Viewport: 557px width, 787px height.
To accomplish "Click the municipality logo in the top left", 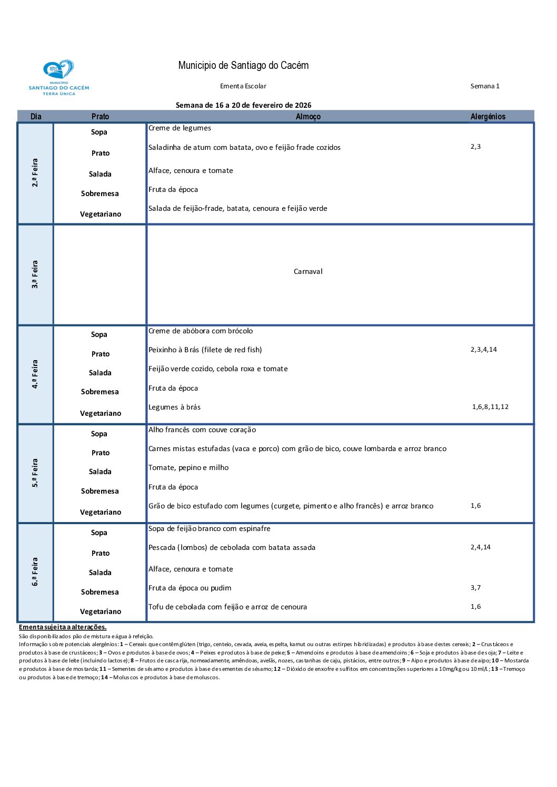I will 58,77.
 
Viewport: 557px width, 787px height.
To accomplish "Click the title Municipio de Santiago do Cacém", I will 243,66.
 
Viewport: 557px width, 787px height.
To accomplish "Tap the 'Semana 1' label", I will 485,86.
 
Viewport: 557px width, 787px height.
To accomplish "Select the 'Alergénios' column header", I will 488,117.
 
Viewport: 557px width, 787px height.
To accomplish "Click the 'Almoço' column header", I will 308,117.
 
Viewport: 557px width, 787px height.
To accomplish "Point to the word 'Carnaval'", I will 308,272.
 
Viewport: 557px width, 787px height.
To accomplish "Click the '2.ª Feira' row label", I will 35,173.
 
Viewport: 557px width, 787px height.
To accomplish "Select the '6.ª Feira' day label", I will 35,572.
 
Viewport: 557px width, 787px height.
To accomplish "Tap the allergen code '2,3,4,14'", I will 483,350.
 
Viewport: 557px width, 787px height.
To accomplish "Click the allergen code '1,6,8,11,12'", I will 490,407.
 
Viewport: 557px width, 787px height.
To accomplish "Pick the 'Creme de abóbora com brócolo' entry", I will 201,331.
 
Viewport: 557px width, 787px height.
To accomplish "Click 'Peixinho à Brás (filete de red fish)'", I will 205,350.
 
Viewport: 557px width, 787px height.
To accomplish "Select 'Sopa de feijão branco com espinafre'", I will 209,529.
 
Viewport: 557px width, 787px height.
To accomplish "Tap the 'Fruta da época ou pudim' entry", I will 190,588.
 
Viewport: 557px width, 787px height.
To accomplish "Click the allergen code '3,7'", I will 475,588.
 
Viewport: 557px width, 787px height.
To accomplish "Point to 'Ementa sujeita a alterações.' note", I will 63,627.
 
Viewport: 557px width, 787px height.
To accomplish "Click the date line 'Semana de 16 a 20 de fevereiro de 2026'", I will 243,106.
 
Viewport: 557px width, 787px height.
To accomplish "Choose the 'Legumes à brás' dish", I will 174,407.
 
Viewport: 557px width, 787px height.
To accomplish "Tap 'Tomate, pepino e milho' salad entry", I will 188,468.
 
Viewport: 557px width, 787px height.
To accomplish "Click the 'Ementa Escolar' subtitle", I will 243,86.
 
